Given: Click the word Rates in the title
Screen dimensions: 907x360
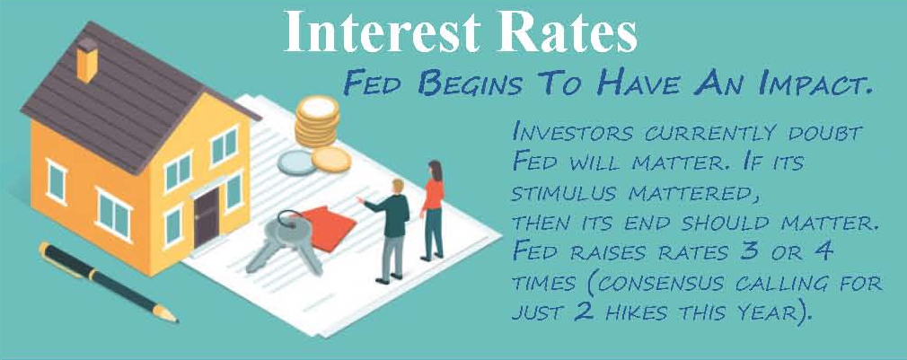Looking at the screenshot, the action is coord(559,34).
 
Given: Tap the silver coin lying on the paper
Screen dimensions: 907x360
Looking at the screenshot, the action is coord(296,162).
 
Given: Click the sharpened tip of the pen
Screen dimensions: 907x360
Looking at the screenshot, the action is coord(175,320).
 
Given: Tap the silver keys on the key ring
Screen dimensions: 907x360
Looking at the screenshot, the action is coord(284,241).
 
